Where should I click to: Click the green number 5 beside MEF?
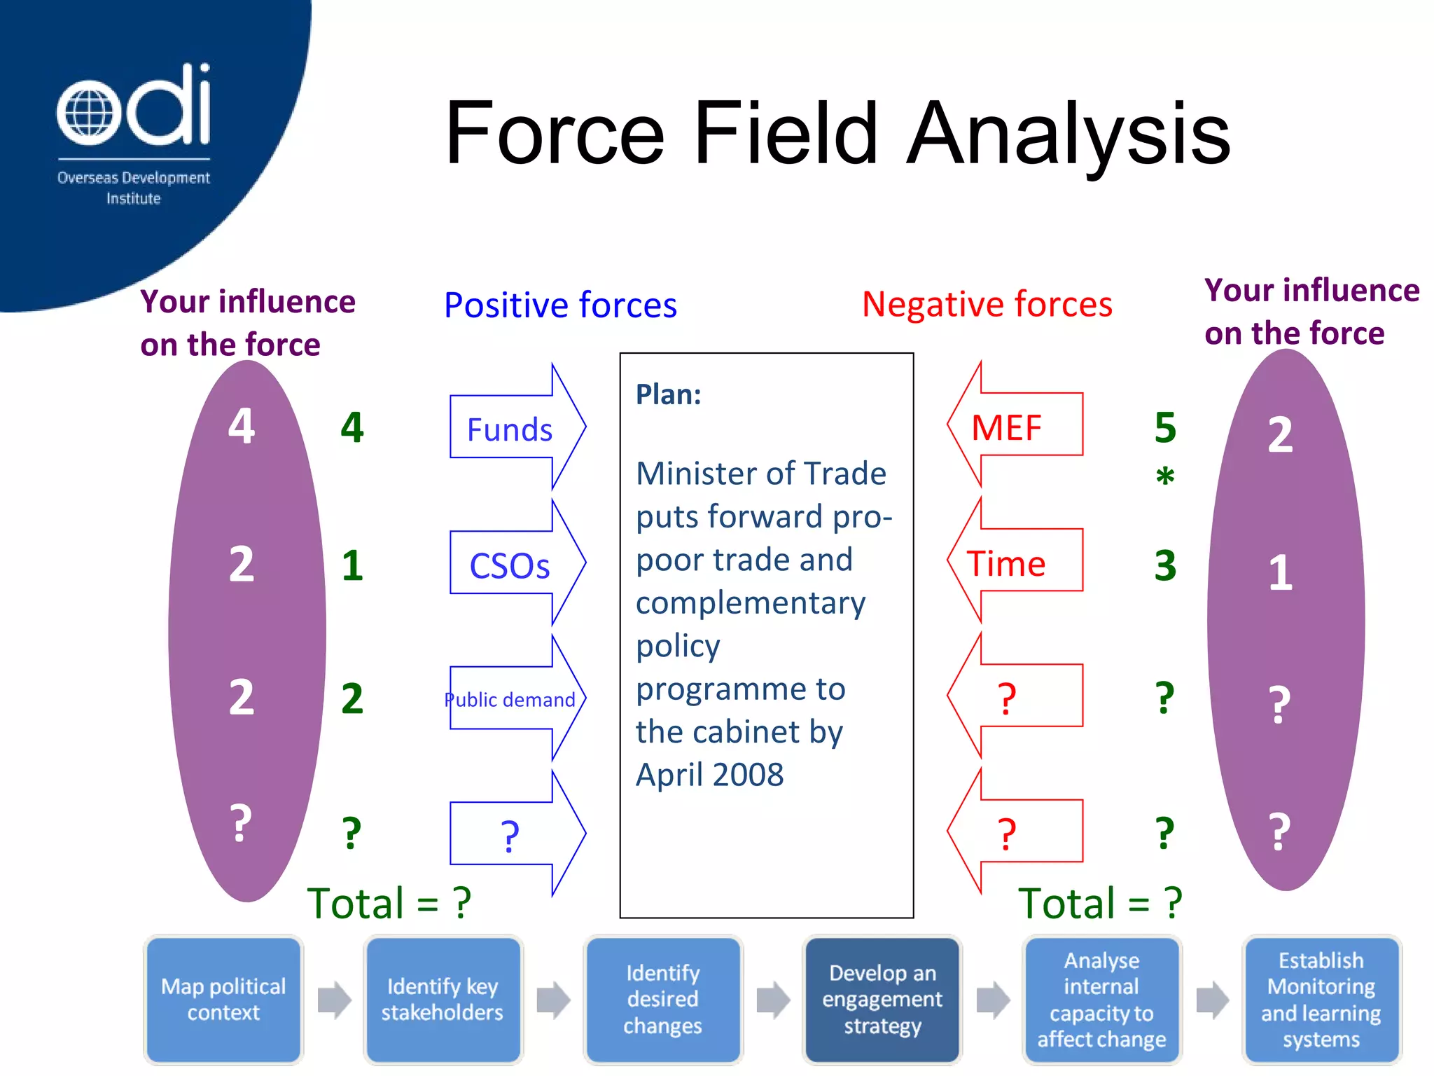coord(1165,427)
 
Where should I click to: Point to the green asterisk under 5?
coord(1165,476)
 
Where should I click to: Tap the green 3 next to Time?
coord(1165,565)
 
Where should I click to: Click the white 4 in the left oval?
coord(242,425)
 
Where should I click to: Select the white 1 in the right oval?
coord(1280,572)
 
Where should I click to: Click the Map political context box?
coord(223,999)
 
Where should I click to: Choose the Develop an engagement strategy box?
coord(882,999)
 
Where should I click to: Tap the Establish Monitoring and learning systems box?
coord(1321,999)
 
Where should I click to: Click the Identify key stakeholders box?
coord(443,999)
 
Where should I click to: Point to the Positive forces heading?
coord(560,305)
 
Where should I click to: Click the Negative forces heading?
coord(987,304)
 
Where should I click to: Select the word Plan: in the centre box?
coord(669,394)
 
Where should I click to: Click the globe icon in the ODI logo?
coord(85,112)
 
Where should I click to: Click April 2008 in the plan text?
coord(709,775)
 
